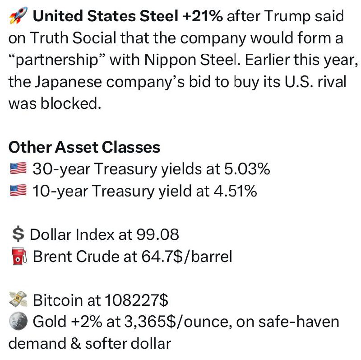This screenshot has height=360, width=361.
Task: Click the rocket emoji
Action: [18, 15]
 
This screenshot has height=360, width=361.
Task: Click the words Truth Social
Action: [73, 38]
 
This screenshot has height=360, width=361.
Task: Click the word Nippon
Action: [170, 60]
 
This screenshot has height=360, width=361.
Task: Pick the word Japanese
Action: [68, 82]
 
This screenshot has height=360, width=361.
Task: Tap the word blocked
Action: [71, 103]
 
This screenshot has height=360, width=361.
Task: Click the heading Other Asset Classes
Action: [84, 147]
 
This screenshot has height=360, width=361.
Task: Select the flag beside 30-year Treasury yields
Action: [19, 168]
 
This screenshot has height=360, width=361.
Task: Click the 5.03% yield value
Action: [247, 169]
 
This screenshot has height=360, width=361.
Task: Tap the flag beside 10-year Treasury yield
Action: [19, 190]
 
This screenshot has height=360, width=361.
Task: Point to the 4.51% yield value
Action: [235, 191]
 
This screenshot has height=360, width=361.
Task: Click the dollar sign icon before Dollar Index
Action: [18, 234]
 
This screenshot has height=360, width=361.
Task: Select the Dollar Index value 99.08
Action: [157, 234]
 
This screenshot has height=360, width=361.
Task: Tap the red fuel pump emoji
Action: [19, 256]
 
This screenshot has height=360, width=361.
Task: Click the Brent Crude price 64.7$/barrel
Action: [187, 256]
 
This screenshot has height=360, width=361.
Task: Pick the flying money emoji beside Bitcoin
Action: [18, 299]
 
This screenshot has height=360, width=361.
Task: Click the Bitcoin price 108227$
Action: [137, 300]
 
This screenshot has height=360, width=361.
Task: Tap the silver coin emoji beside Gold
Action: [18, 321]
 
